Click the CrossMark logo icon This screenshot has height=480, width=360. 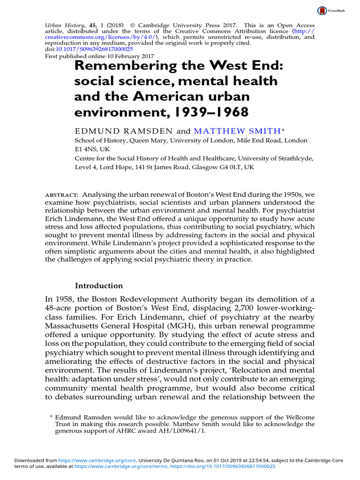322,10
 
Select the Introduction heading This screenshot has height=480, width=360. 99,285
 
